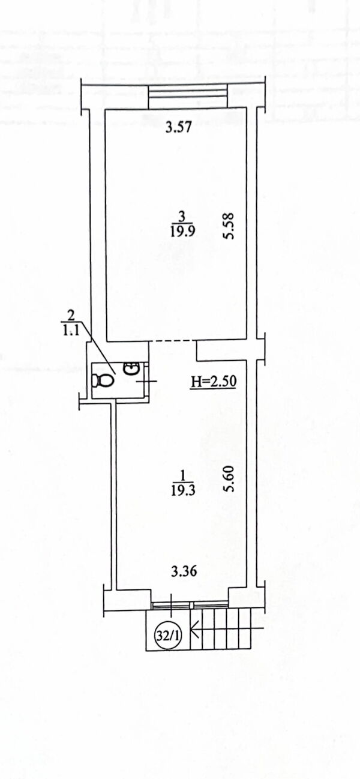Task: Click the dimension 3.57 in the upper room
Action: (178, 128)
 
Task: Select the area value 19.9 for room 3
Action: (182, 232)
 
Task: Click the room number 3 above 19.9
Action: (182, 217)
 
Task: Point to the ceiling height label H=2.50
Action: (214, 382)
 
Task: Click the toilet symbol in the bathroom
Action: (104, 381)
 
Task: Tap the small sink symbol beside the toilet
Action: (133, 368)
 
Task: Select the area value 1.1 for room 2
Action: (71, 329)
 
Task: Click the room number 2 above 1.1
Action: (71, 316)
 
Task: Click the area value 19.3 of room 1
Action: (182, 490)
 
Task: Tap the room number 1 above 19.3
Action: (182, 475)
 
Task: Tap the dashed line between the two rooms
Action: (173, 341)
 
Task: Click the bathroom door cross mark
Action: (147, 382)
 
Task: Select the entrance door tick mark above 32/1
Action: (172, 605)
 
